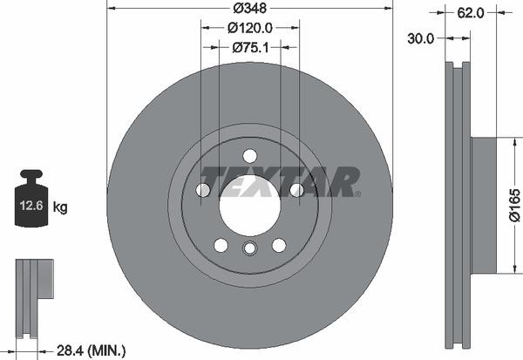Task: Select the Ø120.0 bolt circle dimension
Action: coord(249,29)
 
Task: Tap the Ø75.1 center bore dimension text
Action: coord(249,49)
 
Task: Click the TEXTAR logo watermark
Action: coord(280,180)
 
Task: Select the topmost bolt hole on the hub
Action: coord(249,156)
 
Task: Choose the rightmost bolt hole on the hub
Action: coord(296,190)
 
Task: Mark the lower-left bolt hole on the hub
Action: coord(221,245)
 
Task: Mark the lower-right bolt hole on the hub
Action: coord(279,245)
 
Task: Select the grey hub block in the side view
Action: coord(484,204)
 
